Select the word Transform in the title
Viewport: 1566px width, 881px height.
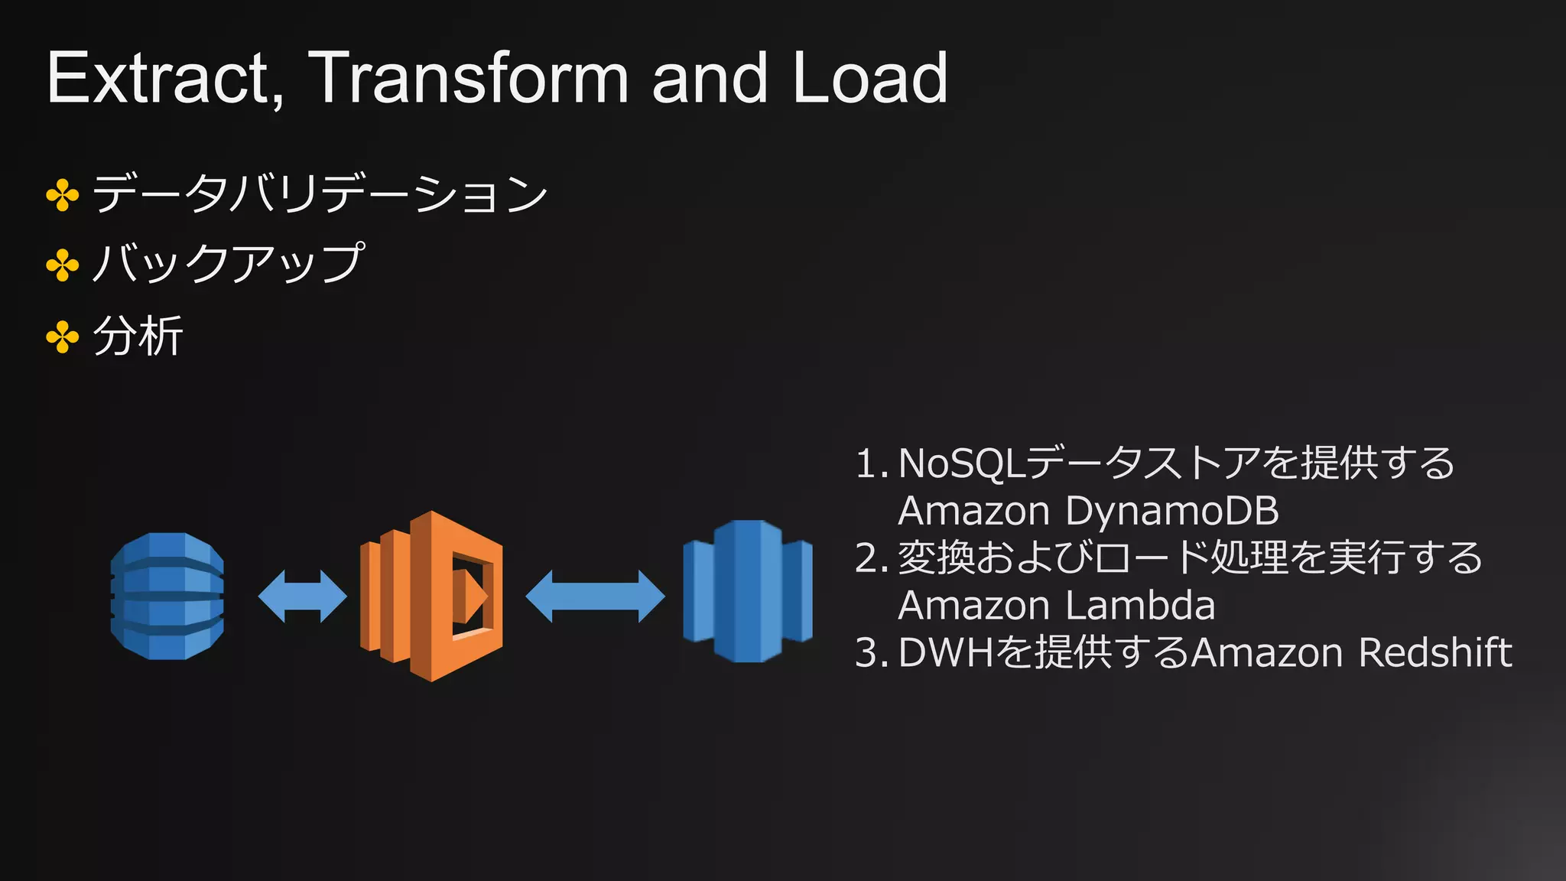pyautogui.click(x=468, y=78)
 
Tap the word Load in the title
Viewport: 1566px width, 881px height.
pyautogui.click(x=870, y=78)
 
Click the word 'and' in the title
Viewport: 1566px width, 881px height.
pyautogui.click(x=710, y=78)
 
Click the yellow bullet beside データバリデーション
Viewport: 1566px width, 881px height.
pyautogui.click(x=63, y=196)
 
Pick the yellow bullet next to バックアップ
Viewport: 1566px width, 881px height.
pyautogui.click(x=63, y=265)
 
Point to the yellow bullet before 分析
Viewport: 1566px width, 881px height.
pyautogui.click(x=63, y=337)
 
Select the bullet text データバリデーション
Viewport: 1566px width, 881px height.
pyautogui.click(x=320, y=193)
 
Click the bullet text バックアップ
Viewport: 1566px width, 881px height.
pyautogui.click(x=228, y=263)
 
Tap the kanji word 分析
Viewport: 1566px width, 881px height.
pyautogui.click(x=138, y=336)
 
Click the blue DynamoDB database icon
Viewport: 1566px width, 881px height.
pyautogui.click(x=167, y=596)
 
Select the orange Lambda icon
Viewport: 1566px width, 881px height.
pyautogui.click(x=431, y=596)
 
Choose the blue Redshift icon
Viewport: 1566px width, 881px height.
pyautogui.click(x=747, y=591)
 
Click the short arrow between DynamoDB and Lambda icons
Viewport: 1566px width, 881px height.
pyautogui.click(x=302, y=596)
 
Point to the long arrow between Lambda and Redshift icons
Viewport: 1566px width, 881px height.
pyautogui.click(x=595, y=596)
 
